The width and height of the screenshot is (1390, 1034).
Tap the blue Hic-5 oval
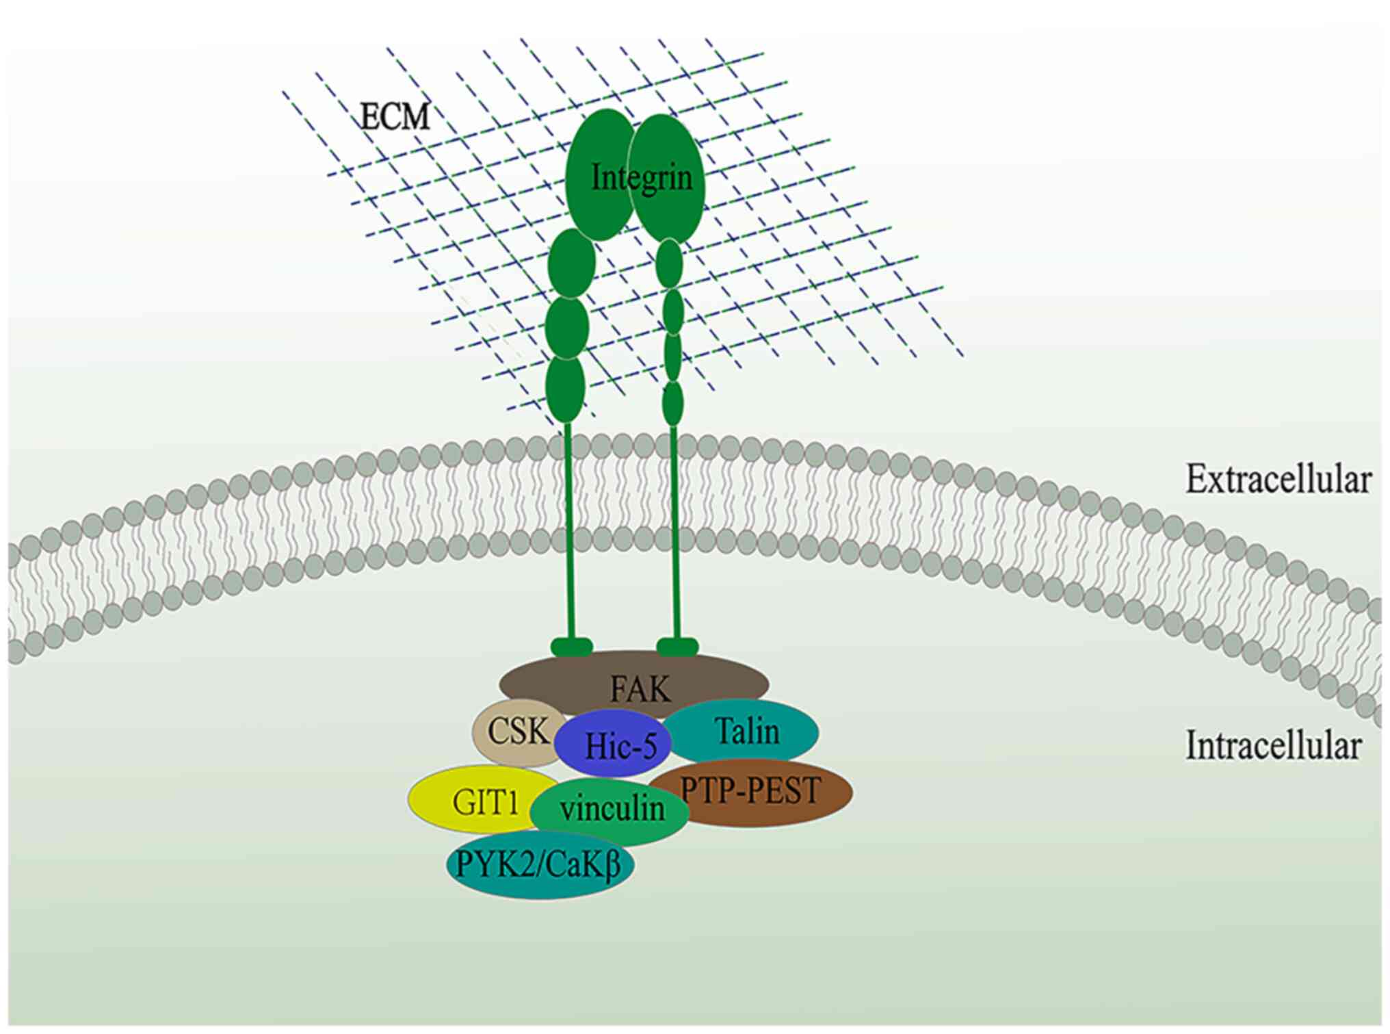coord(620,745)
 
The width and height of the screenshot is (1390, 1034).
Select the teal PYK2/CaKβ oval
coord(539,865)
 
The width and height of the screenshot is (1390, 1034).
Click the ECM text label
coord(395,118)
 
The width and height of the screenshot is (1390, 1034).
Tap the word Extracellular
coord(1278,480)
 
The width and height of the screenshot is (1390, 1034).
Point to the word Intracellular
coord(1273,746)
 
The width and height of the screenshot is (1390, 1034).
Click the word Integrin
coord(642,178)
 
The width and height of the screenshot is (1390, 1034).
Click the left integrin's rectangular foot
coord(571,646)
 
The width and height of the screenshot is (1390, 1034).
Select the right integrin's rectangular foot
coord(677,646)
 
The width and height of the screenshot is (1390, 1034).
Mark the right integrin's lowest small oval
coord(673,404)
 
